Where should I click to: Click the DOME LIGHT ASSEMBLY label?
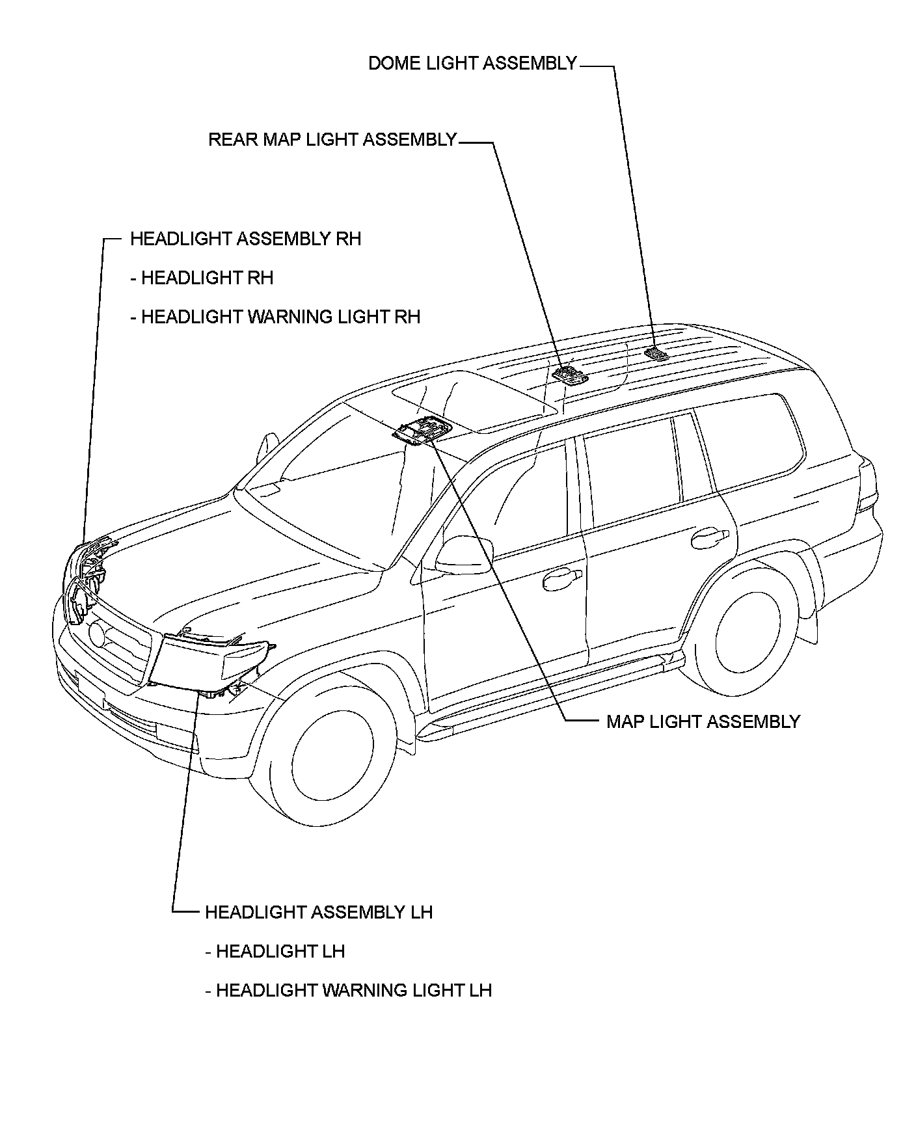click(472, 63)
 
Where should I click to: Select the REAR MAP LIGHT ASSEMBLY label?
click(332, 140)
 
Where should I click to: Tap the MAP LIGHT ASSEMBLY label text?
click(703, 721)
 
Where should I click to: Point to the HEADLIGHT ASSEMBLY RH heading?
click(245, 239)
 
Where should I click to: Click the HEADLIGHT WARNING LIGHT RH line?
click(275, 317)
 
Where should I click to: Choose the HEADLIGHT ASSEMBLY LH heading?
click(318, 912)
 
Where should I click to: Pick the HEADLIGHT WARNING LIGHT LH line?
click(348, 990)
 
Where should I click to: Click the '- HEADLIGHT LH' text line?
click(275, 951)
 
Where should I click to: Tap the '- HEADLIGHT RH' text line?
click(202, 278)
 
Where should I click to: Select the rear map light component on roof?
click(567, 375)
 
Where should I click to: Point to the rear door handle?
click(709, 537)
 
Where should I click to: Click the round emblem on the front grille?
click(97, 634)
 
